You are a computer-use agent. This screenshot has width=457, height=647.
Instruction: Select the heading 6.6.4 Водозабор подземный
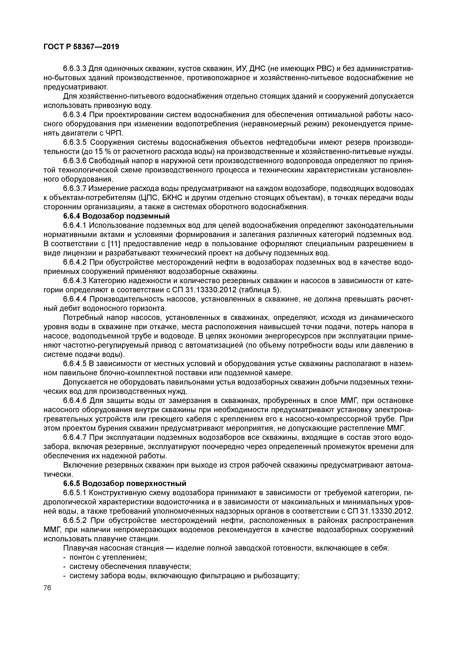click(116, 216)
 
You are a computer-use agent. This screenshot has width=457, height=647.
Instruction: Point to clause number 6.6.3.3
click(75, 68)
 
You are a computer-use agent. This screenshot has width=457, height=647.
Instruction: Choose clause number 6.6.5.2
click(75, 520)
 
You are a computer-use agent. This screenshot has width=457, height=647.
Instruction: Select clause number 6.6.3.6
click(75, 161)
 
